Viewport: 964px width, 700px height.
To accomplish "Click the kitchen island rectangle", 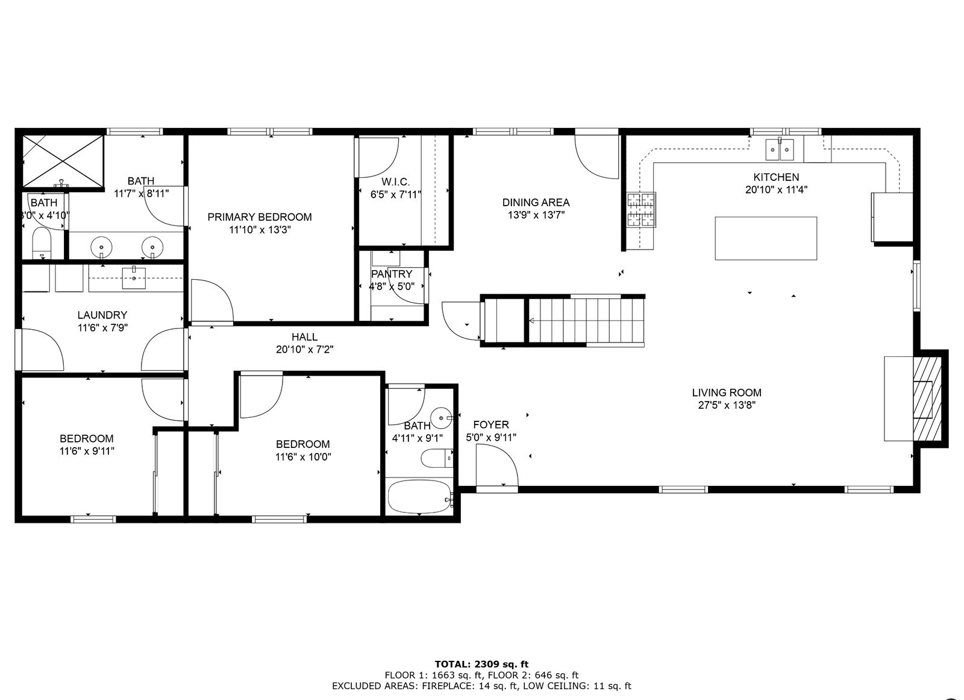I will pyautogui.click(x=765, y=238).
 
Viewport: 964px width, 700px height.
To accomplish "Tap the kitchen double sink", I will pyautogui.click(x=780, y=149).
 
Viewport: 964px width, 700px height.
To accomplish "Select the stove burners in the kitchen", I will pyautogui.click(x=641, y=209).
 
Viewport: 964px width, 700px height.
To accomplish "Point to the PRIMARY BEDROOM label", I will pyautogui.click(x=260, y=217).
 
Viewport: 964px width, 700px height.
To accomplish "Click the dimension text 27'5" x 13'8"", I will pyautogui.click(x=727, y=405).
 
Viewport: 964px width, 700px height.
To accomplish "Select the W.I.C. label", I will pyautogui.click(x=395, y=182).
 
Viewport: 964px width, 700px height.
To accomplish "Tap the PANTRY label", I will pyautogui.click(x=392, y=274).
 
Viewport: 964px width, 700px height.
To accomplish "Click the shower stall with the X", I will pyautogui.click(x=63, y=161).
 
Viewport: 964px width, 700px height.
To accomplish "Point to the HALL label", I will pyautogui.click(x=304, y=337).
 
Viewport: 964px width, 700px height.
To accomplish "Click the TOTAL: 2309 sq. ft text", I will pyautogui.click(x=481, y=664).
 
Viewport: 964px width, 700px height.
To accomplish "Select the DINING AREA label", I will pyautogui.click(x=536, y=203).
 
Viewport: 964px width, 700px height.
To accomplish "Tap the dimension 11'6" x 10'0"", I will pyautogui.click(x=303, y=457).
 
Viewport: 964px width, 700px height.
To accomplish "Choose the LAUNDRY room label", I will pyautogui.click(x=102, y=315).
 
